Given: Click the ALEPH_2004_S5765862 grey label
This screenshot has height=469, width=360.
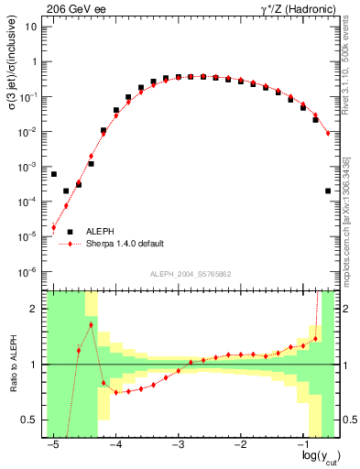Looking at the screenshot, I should tap(189, 274).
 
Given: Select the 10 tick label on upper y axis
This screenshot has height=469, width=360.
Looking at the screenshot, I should tap(32, 27).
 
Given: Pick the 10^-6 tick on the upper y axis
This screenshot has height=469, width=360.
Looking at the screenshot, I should tap(29, 272).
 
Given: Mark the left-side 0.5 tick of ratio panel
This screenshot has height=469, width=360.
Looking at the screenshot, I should tap(30, 420).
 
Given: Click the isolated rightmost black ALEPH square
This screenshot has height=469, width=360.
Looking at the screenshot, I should tap(328, 191).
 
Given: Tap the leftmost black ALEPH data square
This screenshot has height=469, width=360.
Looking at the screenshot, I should tap(54, 174).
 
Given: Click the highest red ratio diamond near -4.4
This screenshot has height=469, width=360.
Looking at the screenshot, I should tap(92, 324).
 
